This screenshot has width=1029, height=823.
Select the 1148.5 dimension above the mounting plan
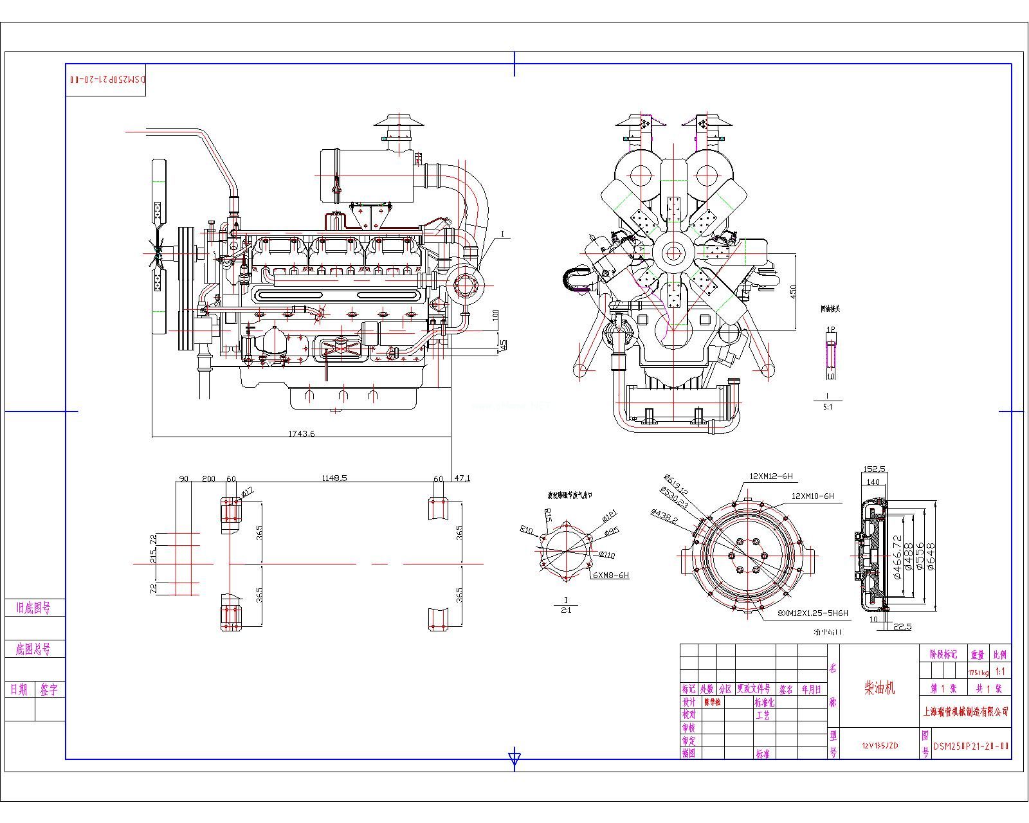click(334, 478)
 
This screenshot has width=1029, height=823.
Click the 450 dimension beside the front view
click(793, 291)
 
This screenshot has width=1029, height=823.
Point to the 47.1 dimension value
click(462, 478)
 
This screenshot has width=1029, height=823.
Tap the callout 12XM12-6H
click(770, 476)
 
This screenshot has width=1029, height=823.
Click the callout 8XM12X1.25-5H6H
click(813, 613)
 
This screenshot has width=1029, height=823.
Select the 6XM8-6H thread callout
click(610, 575)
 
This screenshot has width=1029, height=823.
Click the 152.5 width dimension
click(875, 469)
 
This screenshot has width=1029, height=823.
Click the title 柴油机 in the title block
click(879, 688)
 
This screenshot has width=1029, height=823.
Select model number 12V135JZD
click(880, 746)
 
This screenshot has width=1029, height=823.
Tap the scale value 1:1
click(1000, 671)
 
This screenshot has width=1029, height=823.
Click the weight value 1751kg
click(976, 672)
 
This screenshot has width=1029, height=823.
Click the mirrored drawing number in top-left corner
click(106, 79)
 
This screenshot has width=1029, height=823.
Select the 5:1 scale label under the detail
click(827, 407)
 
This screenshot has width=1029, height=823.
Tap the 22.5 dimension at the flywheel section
click(902, 626)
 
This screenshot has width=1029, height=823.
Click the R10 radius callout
click(526, 530)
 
